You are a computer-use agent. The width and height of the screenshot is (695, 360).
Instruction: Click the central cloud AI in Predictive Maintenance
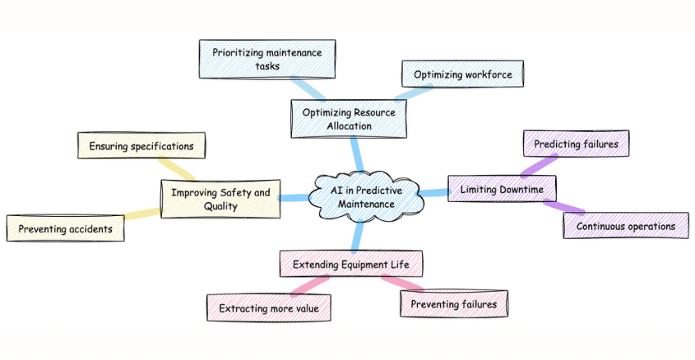click(365, 197)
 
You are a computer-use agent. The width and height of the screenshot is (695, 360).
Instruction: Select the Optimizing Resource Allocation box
click(348, 118)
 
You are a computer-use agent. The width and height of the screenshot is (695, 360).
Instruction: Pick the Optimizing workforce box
click(463, 74)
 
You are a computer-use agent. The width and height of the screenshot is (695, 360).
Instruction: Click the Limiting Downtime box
click(502, 190)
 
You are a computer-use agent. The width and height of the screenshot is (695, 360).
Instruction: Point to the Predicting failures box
click(576, 144)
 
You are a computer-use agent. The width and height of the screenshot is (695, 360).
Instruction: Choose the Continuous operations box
click(625, 226)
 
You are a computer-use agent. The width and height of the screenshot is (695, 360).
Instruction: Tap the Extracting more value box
click(269, 308)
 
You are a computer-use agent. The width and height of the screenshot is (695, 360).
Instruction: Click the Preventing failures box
click(454, 304)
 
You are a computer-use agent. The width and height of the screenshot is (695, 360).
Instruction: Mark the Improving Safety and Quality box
click(220, 200)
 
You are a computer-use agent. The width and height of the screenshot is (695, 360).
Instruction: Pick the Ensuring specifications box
click(141, 146)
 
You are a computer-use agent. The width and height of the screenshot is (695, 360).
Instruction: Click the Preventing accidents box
click(66, 228)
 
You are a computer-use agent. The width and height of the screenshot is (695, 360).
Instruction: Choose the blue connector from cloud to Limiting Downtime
click(434, 193)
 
